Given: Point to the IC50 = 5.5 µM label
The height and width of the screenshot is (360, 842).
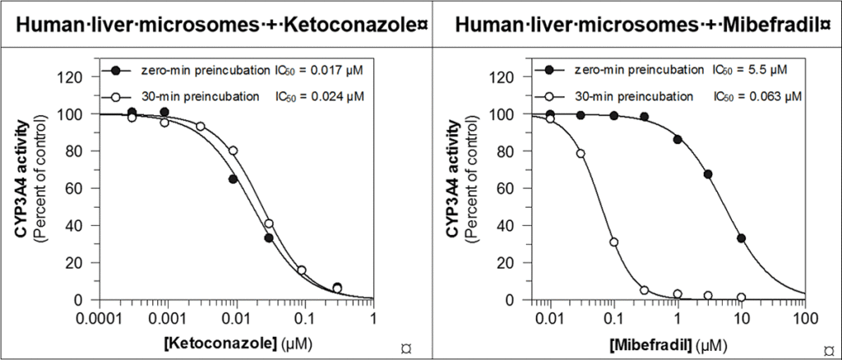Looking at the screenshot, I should tap(749, 70).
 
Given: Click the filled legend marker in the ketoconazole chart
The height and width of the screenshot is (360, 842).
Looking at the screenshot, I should tap(119, 70).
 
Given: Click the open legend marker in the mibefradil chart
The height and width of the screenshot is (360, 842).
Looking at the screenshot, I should tap(548, 96).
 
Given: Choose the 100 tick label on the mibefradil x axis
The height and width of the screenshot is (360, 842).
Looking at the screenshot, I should tap(802, 316).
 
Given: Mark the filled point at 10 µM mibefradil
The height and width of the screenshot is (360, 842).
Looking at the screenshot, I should tap(741, 238).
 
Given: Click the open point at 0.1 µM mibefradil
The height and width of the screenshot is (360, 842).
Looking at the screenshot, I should tap(613, 242).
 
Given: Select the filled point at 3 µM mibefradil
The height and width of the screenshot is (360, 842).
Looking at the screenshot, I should tap(707, 174).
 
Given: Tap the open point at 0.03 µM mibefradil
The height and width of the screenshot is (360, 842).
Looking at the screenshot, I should tap(581, 154).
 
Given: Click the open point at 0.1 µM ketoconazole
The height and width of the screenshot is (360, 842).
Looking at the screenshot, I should tap(302, 270).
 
